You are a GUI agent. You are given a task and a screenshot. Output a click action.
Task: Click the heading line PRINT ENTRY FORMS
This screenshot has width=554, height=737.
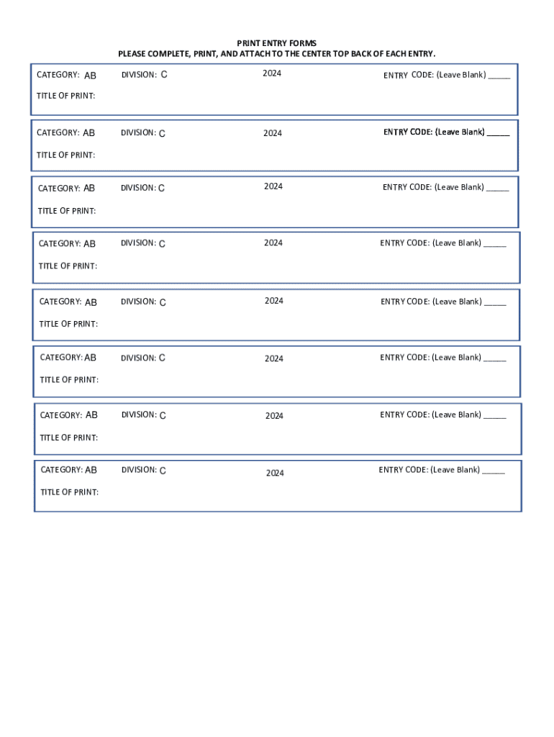click(x=277, y=43)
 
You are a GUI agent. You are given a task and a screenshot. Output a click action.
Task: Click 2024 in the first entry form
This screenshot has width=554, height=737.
click(x=272, y=73)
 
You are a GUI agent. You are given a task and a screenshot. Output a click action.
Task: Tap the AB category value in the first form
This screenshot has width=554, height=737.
click(x=90, y=76)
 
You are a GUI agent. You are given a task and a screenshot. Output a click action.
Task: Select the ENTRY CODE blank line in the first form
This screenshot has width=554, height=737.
click(x=499, y=76)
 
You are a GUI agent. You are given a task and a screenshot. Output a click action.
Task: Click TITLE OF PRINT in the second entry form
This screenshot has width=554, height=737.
click(x=66, y=155)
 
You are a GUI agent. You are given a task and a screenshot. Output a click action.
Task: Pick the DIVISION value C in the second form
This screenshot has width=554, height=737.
click(x=162, y=133)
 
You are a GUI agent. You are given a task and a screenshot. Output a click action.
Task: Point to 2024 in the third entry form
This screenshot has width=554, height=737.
click(x=273, y=186)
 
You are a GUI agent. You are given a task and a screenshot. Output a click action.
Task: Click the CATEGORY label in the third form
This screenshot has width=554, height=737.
click(x=59, y=189)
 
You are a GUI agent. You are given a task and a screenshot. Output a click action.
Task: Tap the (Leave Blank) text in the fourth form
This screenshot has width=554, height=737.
click(x=457, y=243)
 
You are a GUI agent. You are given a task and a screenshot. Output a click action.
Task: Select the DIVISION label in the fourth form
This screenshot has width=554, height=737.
click(x=138, y=243)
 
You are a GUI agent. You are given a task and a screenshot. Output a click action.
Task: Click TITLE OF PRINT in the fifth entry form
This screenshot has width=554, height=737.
click(x=68, y=324)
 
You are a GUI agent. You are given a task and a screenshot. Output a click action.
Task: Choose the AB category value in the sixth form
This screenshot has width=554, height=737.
click(x=91, y=358)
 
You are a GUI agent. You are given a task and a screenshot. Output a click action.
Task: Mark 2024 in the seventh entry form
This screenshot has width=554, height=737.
click(x=274, y=416)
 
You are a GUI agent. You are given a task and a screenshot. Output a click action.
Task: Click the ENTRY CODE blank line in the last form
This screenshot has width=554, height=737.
click(x=494, y=471)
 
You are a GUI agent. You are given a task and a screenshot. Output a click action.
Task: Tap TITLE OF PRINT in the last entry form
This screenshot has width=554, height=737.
click(x=70, y=492)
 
